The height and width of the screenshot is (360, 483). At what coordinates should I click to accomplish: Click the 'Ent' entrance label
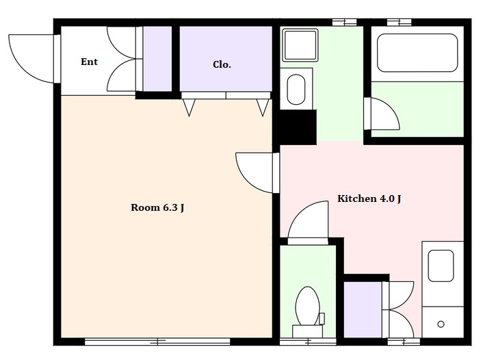click(89, 62)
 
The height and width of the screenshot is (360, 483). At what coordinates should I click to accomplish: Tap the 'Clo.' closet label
click(222, 64)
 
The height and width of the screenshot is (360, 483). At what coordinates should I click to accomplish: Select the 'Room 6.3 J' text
click(157, 207)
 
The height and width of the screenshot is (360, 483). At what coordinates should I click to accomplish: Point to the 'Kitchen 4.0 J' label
click(369, 198)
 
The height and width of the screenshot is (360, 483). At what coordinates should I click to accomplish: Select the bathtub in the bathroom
click(417, 53)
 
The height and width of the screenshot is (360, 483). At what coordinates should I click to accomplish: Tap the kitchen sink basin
click(441, 266)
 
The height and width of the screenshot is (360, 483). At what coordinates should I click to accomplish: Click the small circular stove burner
click(441, 324)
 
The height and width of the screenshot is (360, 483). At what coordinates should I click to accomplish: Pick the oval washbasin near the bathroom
click(296, 90)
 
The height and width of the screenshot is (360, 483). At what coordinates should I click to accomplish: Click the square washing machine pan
click(300, 45)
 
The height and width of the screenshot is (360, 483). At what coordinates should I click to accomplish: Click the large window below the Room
click(157, 342)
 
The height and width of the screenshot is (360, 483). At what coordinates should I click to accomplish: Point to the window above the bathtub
click(399, 22)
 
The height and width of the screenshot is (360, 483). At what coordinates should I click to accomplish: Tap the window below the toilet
click(308, 342)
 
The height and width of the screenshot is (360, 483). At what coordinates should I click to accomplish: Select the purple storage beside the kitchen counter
click(363, 309)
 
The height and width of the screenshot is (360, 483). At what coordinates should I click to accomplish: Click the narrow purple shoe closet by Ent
click(157, 59)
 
